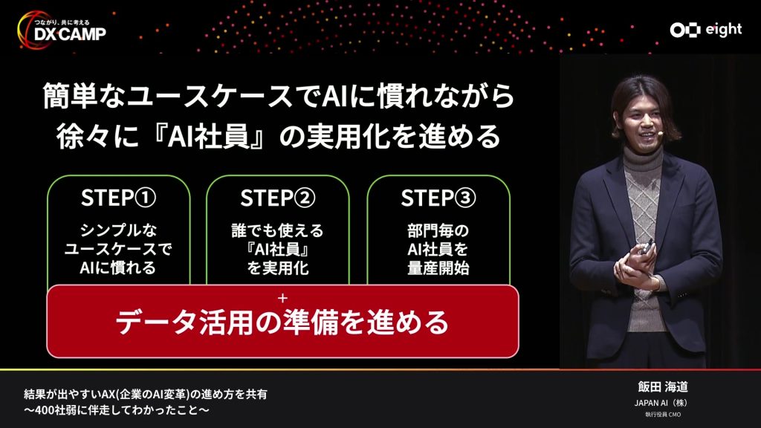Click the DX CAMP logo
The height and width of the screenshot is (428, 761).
(61, 30)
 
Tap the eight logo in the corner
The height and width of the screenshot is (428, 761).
(705, 30)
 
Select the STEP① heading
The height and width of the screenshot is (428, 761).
(118, 198)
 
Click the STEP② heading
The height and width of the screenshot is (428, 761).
(278, 198)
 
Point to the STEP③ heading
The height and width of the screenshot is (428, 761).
(438, 198)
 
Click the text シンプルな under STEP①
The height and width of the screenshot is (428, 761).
(118, 230)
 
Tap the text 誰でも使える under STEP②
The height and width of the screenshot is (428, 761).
(278, 230)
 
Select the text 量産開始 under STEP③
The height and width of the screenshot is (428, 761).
(438, 268)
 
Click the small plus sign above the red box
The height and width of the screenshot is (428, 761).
(282, 297)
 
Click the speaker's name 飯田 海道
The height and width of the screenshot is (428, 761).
(658, 387)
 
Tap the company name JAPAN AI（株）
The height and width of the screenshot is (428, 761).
(658, 403)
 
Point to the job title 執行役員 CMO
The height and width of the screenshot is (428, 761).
(658, 415)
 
